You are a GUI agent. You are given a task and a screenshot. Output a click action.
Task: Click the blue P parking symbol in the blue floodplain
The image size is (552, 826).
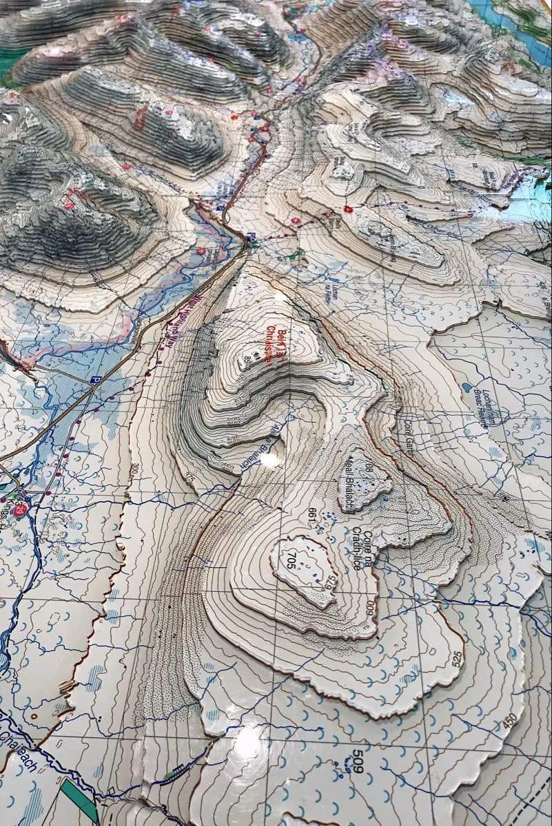point(95,379)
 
